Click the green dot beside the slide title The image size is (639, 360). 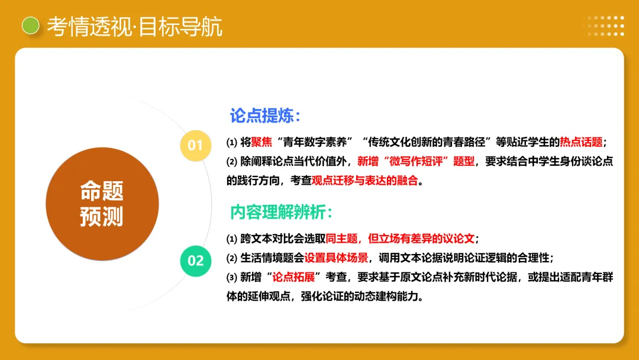[x=30, y=25]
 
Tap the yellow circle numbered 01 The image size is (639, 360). [x=195, y=146]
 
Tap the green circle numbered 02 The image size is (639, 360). [x=195, y=261]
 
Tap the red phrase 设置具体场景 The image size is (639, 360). [x=335, y=258]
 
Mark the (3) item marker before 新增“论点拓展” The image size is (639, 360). [x=232, y=278]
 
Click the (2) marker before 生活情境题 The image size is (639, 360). [x=232, y=258]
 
